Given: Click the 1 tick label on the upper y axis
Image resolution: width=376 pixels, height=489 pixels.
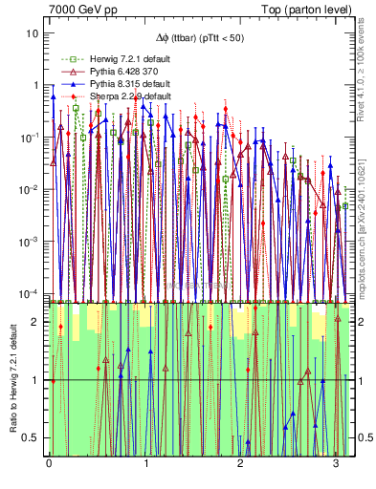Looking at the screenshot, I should [x=36, y=85].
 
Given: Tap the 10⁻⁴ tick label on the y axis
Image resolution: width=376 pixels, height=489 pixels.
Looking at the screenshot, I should [x=32, y=292].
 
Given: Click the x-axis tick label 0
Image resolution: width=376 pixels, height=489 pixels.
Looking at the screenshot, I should [x=50, y=464].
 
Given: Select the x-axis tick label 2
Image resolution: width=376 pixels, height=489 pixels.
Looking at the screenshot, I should [x=240, y=464].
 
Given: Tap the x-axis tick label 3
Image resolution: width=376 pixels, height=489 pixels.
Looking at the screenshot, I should [x=336, y=464].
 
